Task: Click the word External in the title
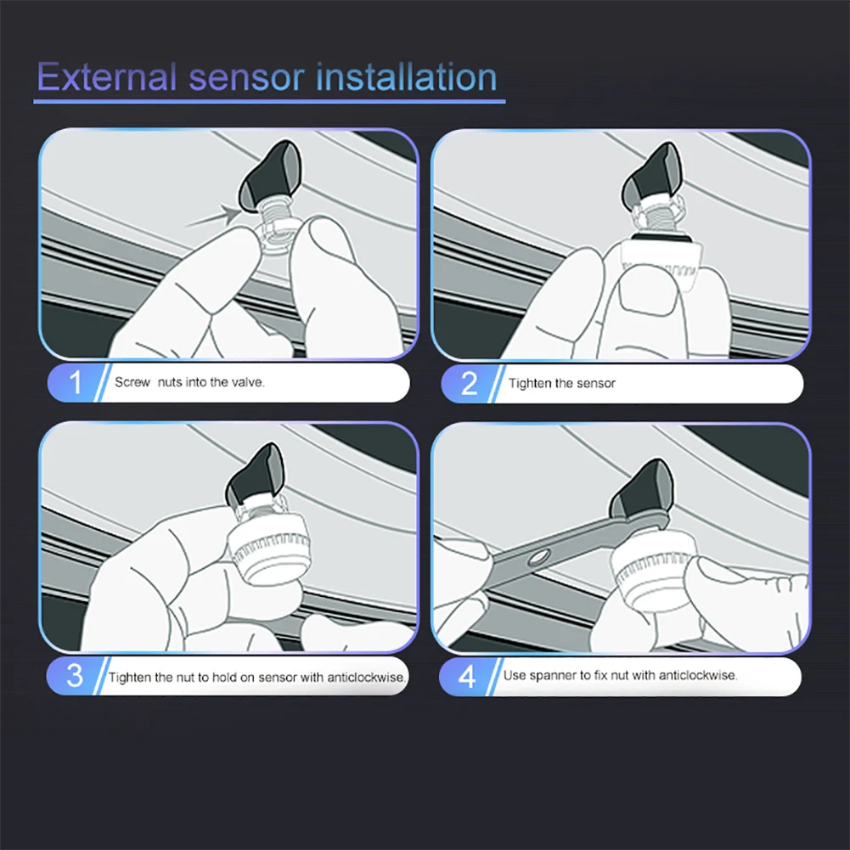click(x=107, y=76)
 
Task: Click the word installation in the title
click(x=406, y=76)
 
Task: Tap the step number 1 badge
click(x=75, y=383)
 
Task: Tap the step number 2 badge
click(x=469, y=383)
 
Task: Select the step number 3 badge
click(x=74, y=676)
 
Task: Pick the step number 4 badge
click(x=467, y=677)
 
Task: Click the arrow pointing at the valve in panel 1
click(x=213, y=216)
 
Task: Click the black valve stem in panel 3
click(x=255, y=475)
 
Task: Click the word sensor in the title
click(x=245, y=78)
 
